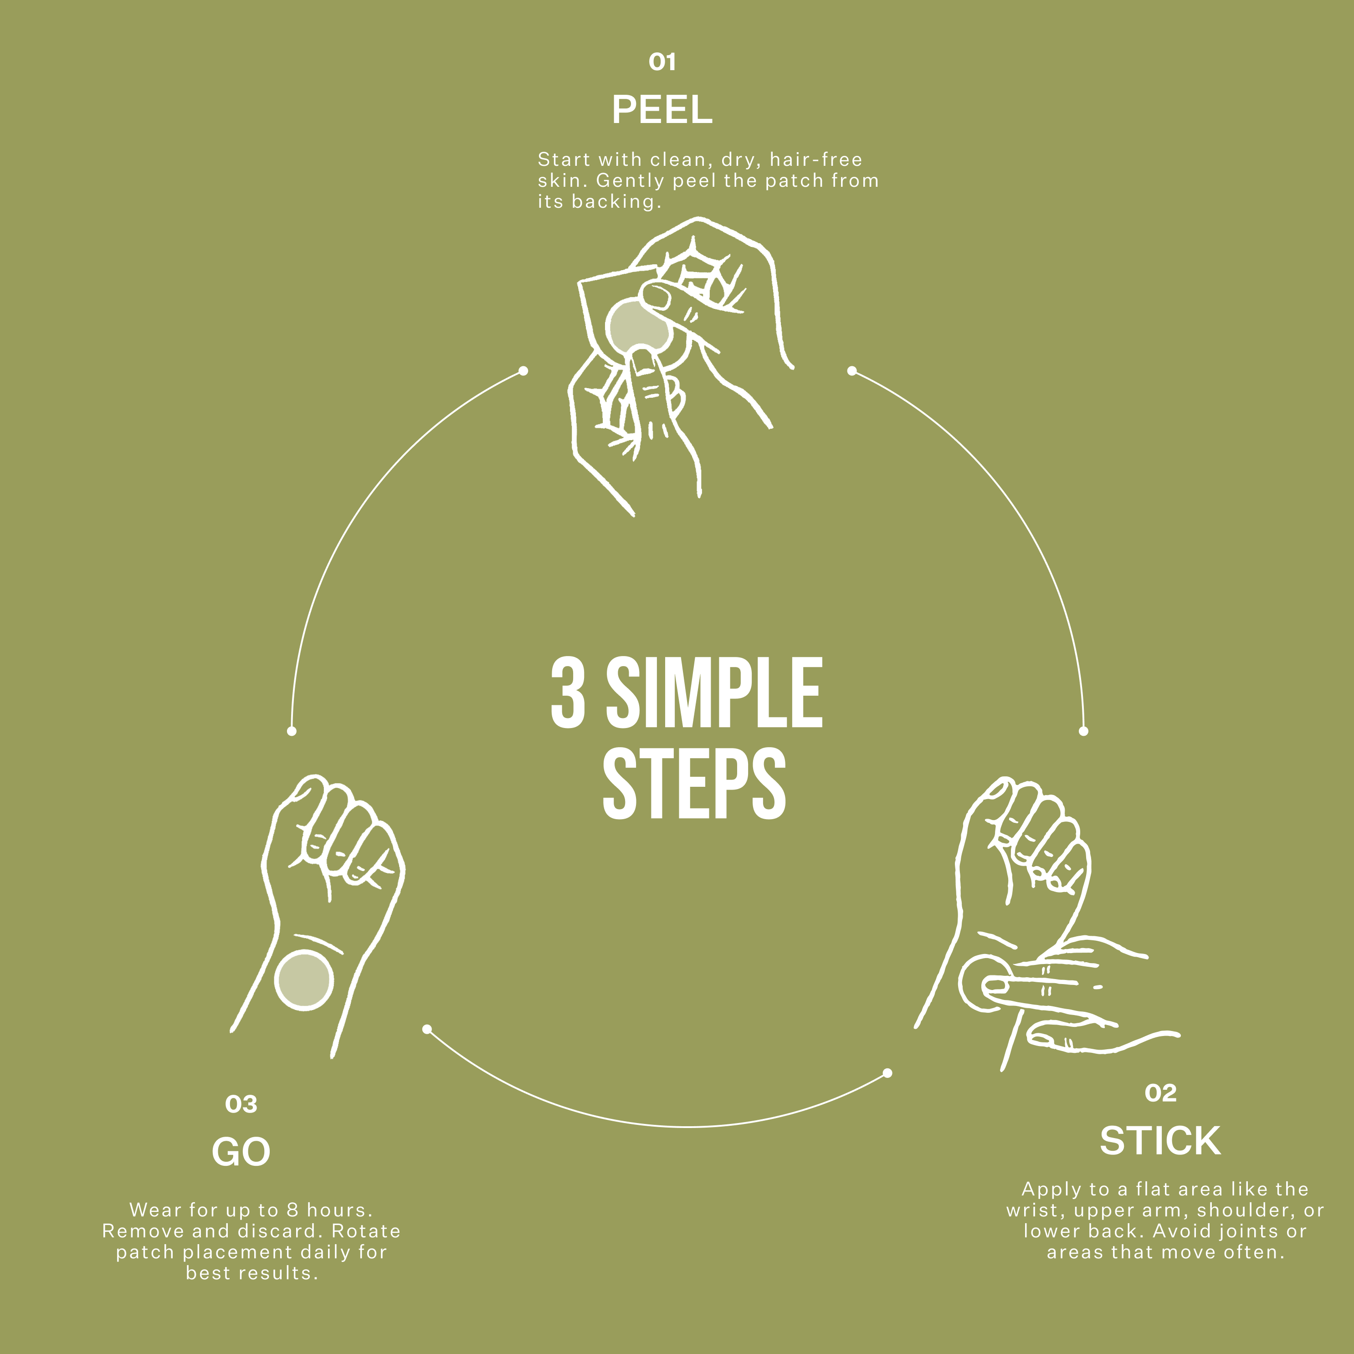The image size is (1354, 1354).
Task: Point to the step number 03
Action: click(241, 1104)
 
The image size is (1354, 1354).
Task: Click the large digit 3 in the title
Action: click(568, 692)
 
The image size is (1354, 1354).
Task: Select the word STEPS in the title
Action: click(694, 783)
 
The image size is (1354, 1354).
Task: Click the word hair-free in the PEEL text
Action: click(816, 160)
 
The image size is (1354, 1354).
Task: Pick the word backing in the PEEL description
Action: click(617, 202)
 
